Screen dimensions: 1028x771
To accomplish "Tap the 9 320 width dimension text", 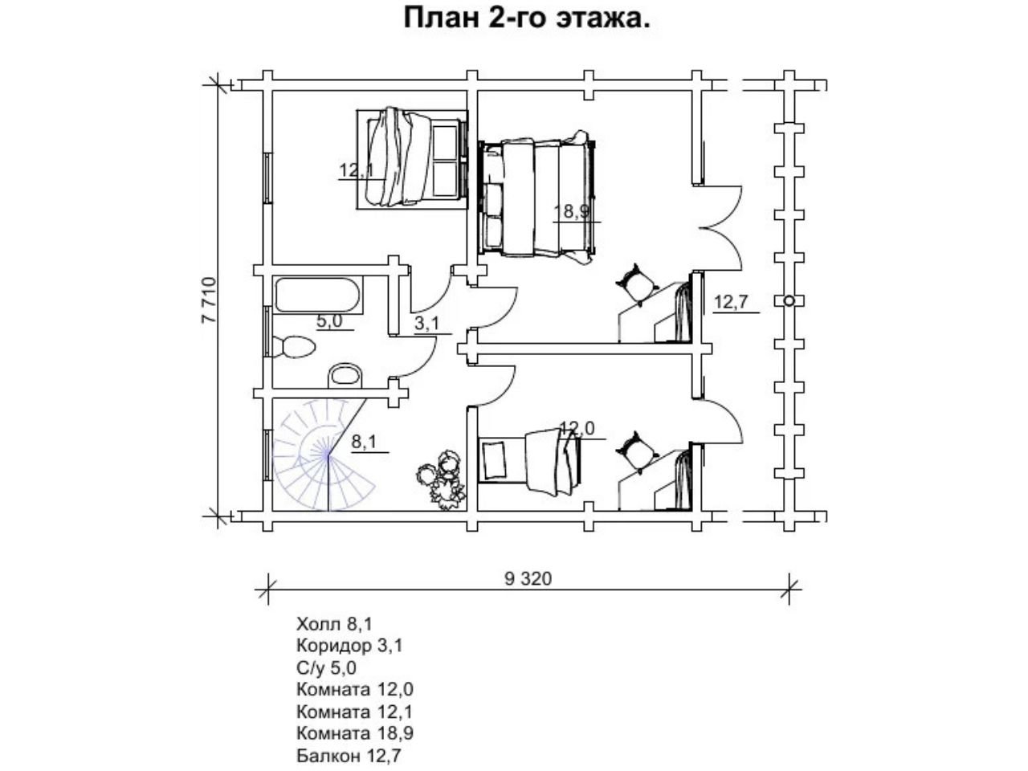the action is pos(528,579).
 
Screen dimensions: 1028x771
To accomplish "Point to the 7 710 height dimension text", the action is pos(210,300).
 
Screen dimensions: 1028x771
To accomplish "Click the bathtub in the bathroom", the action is pos(317,296).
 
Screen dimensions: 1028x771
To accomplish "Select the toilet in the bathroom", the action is pos(294,347).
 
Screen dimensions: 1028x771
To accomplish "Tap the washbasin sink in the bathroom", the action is pos(345,375).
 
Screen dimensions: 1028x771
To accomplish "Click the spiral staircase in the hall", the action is pos(324,454).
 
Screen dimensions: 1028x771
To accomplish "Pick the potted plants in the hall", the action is pos(441,481).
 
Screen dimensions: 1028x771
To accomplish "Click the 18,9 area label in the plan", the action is pos(571,211).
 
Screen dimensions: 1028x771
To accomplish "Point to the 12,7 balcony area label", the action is pos(730,303).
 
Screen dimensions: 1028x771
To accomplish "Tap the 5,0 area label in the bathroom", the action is pos(330,321).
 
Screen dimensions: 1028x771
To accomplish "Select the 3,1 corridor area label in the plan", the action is pos(427,324).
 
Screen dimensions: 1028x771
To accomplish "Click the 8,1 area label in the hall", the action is pos(364,442).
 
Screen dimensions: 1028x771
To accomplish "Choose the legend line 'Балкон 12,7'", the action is pos(349,756).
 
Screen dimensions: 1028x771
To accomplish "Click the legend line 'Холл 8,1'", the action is pos(334,624).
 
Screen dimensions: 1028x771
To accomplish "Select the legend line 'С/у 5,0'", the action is pos(326,668).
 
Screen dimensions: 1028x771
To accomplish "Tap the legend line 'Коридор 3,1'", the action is pos(349,646).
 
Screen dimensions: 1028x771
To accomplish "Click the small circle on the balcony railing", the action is pos(789,300).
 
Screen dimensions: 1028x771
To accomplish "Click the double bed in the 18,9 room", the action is pos(537,197).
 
